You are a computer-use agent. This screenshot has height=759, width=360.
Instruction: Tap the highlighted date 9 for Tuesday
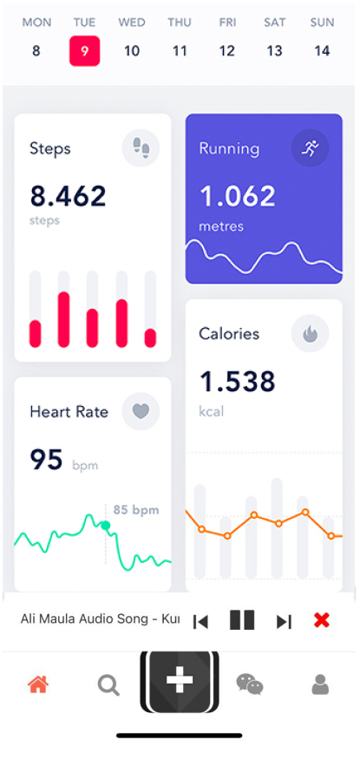pyautogui.click(x=85, y=51)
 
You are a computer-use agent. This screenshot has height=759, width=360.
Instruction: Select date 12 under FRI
pyautogui.click(x=227, y=51)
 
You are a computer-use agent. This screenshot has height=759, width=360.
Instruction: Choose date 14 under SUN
pyautogui.click(x=322, y=51)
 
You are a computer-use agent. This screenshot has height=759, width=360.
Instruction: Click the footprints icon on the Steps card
pyautogui.click(x=141, y=148)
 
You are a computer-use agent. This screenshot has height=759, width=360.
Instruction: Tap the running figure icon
pyautogui.click(x=311, y=148)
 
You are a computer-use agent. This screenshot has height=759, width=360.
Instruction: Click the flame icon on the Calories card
pyautogui.click(x=311, y=333)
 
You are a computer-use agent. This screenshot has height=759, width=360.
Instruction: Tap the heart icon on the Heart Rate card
pyautogui.click(x=141, y=411)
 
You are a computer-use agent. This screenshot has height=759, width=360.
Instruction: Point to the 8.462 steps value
pyautogui.click(x=69, y=196)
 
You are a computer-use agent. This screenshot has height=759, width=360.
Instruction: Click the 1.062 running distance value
pyautogui.click(x=238, y=196)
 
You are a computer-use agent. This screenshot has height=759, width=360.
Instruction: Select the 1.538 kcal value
pyautogui.click(x=238, y=382)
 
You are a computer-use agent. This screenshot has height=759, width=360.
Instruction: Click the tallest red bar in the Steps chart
pyautogui.click(x=64, y=320)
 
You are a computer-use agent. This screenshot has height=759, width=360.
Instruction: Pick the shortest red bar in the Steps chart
pyautogui.click(x=150, y=338)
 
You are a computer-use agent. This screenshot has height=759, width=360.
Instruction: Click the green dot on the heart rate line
pyautogui.click(x=106, y=525)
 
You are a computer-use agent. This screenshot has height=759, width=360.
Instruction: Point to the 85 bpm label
pyautogui.click(x=136, y=510)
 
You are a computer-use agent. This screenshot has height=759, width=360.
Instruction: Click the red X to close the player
pyautogui.click(x=322, y=620)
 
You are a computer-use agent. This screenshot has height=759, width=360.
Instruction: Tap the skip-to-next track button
pyautogui.click(x=284, y=622)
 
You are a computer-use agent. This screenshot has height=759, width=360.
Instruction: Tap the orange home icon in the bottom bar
pyautogui.click(x=38, y=684)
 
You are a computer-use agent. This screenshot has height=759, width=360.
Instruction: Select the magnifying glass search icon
pyautogui.click(x=108, y=685)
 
